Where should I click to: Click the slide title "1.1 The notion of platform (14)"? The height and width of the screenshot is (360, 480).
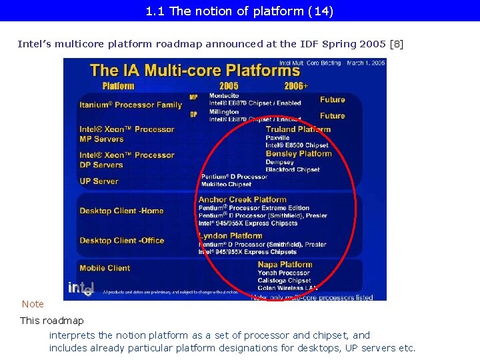coord(239,11)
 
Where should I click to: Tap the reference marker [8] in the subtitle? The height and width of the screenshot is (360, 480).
coord(396,44)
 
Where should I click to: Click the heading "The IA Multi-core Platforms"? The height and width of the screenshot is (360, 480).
coord(195,70)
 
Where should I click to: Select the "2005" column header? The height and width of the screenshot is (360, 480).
coord(229,85)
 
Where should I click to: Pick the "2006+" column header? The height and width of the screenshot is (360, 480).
coord(296,85)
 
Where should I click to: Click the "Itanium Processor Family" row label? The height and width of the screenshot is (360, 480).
coord(131,105)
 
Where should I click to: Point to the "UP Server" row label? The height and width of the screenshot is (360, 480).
coord(99,181)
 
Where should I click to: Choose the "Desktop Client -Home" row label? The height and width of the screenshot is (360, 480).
coord(121,211)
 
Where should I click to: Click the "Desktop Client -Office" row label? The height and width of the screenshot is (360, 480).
coord(121,240)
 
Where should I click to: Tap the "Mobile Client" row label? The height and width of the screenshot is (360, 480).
coord(105,268)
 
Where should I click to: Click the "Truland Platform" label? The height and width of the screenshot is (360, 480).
coord(298,129)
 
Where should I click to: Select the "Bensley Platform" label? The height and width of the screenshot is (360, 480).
coord(299,154)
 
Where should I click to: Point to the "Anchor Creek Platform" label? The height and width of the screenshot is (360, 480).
coord(242,199)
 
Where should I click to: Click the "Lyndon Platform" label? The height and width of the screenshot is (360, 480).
coord(230,235)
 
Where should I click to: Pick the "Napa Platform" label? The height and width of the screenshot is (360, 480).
coord(285,265)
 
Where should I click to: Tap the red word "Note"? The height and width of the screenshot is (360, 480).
coord(33,304)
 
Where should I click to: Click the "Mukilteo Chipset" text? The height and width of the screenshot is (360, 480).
coord(227,184)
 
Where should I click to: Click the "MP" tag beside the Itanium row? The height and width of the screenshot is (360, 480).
coord(193,97)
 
